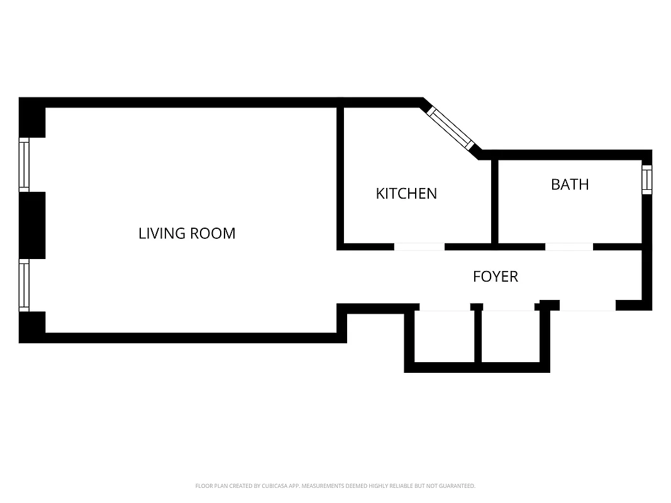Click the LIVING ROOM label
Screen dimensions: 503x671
(187, 233)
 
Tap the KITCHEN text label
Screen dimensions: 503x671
(406, 194)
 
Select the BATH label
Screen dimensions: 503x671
(570, 184)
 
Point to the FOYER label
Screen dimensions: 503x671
(496, 277)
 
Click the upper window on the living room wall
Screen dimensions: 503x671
(24, 165)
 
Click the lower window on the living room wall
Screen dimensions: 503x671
(24, 285)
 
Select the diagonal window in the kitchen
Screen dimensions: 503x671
(451, 129)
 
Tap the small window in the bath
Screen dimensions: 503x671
(646, 179)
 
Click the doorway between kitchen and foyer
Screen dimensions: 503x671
(419, 246)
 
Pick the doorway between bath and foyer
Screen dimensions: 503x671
(568, 246)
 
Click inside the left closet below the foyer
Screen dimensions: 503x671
(443, 336)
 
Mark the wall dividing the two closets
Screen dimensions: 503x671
(478, 336)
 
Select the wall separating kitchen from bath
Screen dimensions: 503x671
(495, 201)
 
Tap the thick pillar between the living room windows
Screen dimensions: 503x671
(32, 225)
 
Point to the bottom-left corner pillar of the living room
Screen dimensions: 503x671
(32, 327)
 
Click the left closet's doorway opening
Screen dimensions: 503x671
(444, 307)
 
